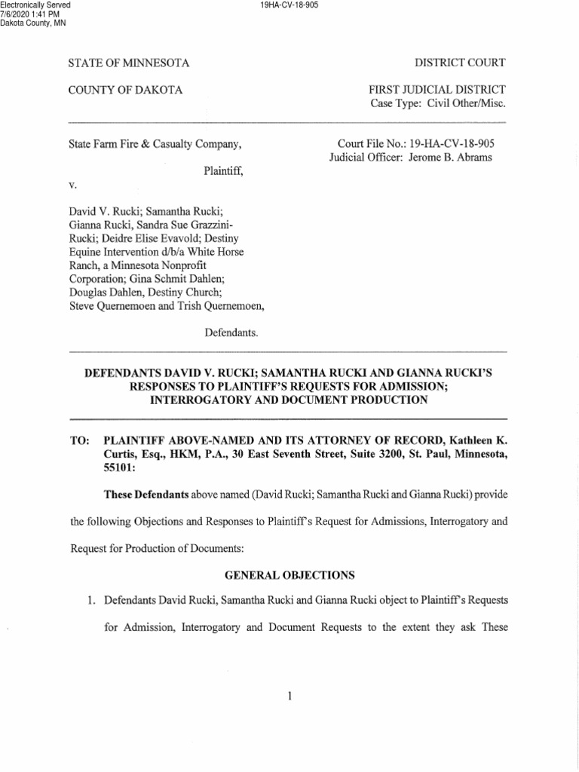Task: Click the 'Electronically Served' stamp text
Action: pos(35,5)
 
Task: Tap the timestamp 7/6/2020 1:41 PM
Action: pos(29,14)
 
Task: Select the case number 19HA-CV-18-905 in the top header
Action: pos(289,5)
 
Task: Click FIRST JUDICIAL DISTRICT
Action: pos(438,90)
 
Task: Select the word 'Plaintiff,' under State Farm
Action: pos(224,171)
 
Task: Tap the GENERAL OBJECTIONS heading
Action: pos(289,575)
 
